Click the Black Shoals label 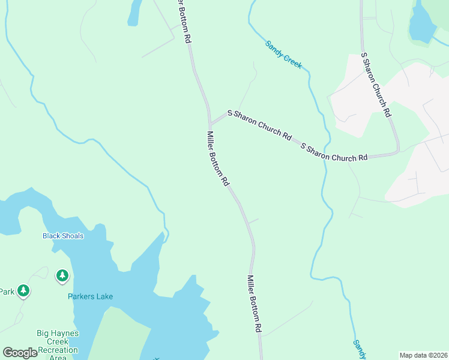63,236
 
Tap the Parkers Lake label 90,296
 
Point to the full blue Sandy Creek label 284,55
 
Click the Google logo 20,353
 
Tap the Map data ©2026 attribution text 423,355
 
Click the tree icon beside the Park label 23,291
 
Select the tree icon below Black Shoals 62,276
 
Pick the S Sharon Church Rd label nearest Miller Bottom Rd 259,125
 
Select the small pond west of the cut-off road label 134,12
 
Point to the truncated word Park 7,292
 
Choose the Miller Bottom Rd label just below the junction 218,158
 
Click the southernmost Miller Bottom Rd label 255,304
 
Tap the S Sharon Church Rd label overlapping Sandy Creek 334,152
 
